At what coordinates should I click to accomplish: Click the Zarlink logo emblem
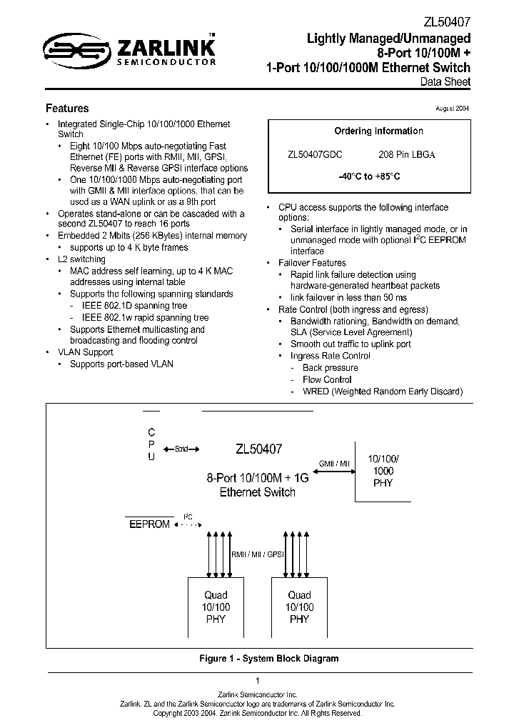pyautogui.click(x=76, y=49)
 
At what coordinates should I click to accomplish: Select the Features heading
pyautogui.click(x=67, y=109)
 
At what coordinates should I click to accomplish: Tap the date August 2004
pyautogui.click(x=453, y=108)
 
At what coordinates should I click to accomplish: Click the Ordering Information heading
pyautogui.click(x=378, y=131)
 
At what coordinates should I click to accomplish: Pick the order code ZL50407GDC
pyautogui.click(x=315, y=154)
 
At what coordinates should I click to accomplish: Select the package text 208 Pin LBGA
pyautogui.click(x=406, y=154)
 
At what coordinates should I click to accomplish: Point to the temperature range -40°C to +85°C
pyautogui.click(x=369, y=176)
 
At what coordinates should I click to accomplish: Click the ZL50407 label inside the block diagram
pyautogui.click(x=258, y=449)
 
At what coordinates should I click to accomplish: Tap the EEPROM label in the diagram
pyautogui.click(x=149, y=524)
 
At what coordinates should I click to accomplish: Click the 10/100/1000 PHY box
pyautogui.click(x=383, y=471)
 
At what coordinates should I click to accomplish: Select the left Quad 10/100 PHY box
pyautogui.click(x=216, y=607)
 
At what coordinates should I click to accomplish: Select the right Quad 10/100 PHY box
pyautogui.click(x=299, y=607)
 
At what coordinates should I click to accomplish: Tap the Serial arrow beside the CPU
pyautogui.click(x=181, y=449)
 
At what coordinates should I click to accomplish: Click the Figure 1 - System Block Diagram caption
pyautogui.click(x=268, y=658)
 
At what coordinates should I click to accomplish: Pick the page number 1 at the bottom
pyautogui.click(x=257, y=680)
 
